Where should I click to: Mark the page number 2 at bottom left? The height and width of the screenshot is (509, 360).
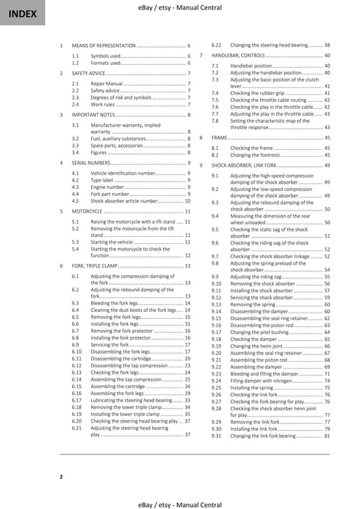click(x=61, y=477)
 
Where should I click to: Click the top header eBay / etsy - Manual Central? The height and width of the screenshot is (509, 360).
click(x=180, y=6)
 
